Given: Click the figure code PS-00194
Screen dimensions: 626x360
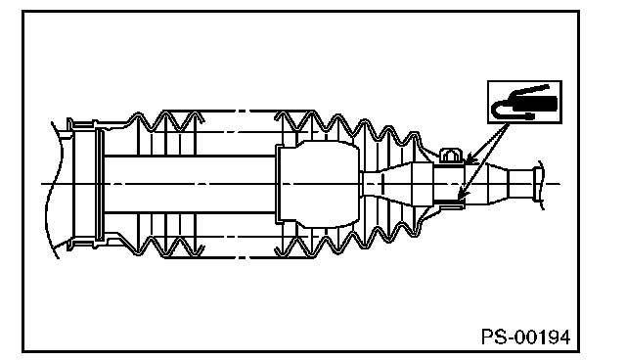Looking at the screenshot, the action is [526, 337].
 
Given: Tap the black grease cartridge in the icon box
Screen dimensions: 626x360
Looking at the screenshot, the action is [534, 104].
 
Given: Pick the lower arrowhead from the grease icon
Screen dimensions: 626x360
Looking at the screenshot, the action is [461, 194].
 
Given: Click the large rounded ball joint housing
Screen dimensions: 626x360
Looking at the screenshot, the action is [319, 184].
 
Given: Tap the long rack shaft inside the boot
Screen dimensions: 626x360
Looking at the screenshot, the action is [190, 184].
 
